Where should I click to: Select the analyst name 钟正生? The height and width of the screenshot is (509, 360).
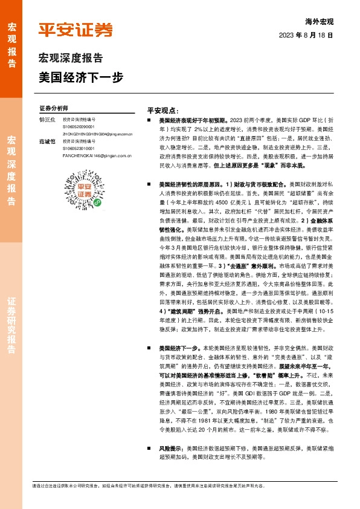[x=47, y=120]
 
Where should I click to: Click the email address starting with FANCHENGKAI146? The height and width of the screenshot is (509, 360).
[x=97, y=155]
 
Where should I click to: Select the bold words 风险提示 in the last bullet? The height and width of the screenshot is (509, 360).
[x=171, y=450]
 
